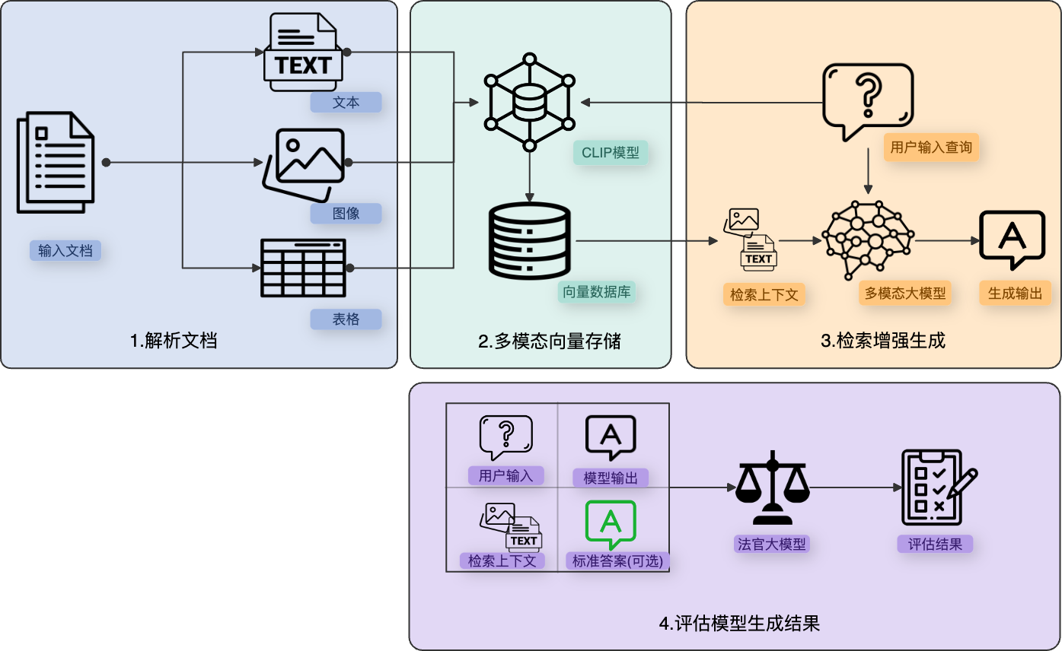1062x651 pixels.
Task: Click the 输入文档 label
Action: coord(65,250)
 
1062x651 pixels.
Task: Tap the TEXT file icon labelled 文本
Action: coord(303,52)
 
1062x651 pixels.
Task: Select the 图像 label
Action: coord(346,214)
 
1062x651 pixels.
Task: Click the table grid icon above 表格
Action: coord(303,268)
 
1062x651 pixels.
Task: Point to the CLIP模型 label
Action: coord(610,153)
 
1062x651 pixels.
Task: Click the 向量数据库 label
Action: coord(597,291)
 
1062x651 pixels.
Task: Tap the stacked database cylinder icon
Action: coord(529,240)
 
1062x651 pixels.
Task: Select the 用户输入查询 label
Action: coord(931,148)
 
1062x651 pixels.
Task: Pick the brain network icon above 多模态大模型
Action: coord(868,240)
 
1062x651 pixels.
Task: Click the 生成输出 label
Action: coord(1015,294)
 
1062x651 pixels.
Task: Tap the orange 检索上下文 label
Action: coord(764,294)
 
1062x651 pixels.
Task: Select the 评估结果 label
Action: coord(935,544)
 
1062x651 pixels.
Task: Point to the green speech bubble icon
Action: coord(610,524)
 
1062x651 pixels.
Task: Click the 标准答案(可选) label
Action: coord(617,561)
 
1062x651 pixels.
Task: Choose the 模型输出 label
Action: coord(610,478)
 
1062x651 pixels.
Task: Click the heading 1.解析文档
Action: coord(174,340)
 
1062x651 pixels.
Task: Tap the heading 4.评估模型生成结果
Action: coord(738,624)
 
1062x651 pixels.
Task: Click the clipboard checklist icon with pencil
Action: coord(936,487)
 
